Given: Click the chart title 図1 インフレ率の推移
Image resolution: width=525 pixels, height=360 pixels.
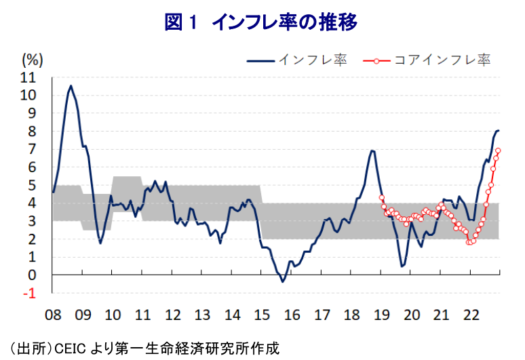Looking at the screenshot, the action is [x=261, y=22].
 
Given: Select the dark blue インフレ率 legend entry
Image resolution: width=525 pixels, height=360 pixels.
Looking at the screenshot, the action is [x=296, y=60].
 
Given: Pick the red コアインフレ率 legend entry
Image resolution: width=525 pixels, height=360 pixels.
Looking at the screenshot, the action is [x=427, y=60].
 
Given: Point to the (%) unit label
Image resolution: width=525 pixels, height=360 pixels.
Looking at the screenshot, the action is [x=33, y=60].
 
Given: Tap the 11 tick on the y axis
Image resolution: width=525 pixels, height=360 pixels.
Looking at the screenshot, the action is [x=28, y=77].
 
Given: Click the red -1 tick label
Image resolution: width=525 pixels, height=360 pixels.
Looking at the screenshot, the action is [x=29, y=294].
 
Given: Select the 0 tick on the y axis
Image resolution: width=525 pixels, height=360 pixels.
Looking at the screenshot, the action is [x=32, y=275].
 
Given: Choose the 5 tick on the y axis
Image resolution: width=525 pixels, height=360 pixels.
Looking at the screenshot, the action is [x=32, y=185].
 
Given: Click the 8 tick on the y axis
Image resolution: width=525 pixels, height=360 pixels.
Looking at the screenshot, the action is [x=32, y=131].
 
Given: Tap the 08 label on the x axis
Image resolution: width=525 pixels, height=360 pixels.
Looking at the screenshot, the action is [x=53, y=315].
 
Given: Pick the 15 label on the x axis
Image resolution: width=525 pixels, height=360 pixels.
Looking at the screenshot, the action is [x=262, y=315].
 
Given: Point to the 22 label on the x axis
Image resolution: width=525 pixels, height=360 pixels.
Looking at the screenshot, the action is [x=471, y=315].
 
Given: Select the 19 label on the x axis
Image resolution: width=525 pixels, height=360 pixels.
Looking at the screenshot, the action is [x=382, y=315].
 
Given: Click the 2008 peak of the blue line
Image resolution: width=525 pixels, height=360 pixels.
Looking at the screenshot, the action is [x=71, y=86].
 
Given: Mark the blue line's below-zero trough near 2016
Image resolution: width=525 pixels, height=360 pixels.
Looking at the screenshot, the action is [x=283, y=281].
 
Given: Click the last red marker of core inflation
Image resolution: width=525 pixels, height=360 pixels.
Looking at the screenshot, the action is [x=498, y=151].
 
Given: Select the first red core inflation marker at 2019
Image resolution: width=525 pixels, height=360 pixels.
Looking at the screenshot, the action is [x=381, y=197].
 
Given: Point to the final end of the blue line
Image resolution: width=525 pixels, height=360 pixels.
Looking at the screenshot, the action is [x=499, y=130].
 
